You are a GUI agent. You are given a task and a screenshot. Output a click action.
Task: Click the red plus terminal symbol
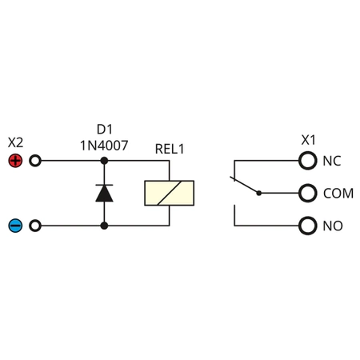tap(15, 160)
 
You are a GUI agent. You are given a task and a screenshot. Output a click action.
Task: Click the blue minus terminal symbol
tap(15, 226)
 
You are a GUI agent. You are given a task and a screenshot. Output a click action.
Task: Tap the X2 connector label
tap(15, 142)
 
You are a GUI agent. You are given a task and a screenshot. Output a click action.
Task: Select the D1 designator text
tap(104, 128)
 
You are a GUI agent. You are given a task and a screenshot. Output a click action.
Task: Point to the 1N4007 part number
tap(104, 145)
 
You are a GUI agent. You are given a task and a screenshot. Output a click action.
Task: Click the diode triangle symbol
tap(104, 193)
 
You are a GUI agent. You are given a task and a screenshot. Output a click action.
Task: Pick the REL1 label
tap(170, 148)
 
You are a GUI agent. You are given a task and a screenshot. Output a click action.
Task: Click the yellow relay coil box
tap(169, 194)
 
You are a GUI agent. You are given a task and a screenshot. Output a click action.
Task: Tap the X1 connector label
tap(309, 140)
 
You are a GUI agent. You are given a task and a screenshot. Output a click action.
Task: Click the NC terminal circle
tap(307, 161)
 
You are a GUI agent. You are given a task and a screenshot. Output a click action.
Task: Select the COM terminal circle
tap(307, 193)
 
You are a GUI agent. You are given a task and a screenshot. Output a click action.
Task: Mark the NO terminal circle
tap(307, 226)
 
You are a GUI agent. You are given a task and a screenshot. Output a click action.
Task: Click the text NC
tap(332, 161)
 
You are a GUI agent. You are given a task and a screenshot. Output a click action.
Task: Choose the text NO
tap(332, 226)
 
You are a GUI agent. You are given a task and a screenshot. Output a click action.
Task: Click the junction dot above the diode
tap(104, 160)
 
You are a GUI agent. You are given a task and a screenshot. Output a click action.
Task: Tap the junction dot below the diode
tap(104, 226)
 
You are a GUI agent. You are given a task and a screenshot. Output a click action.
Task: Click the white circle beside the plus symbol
tap(34, 160)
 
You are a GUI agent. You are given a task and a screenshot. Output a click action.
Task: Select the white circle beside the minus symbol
tap(34, 226)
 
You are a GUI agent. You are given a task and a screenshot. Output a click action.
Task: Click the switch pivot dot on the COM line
tap(258, 193)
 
